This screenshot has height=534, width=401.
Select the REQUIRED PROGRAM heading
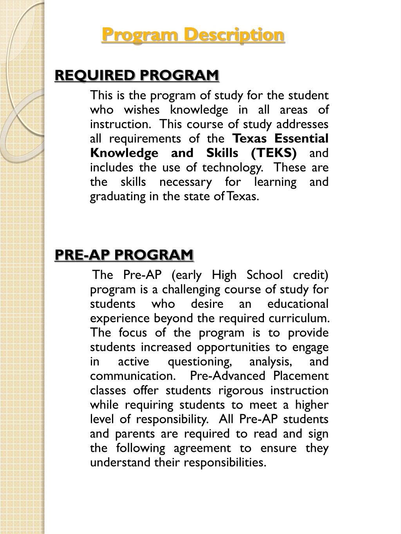tap(137, 75)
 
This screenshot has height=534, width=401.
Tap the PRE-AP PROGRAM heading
tap(124, 255)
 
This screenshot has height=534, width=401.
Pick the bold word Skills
tap(222, 153)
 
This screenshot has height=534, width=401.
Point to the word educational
tap(298, 304)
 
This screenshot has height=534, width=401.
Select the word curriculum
tap(299, 318)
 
